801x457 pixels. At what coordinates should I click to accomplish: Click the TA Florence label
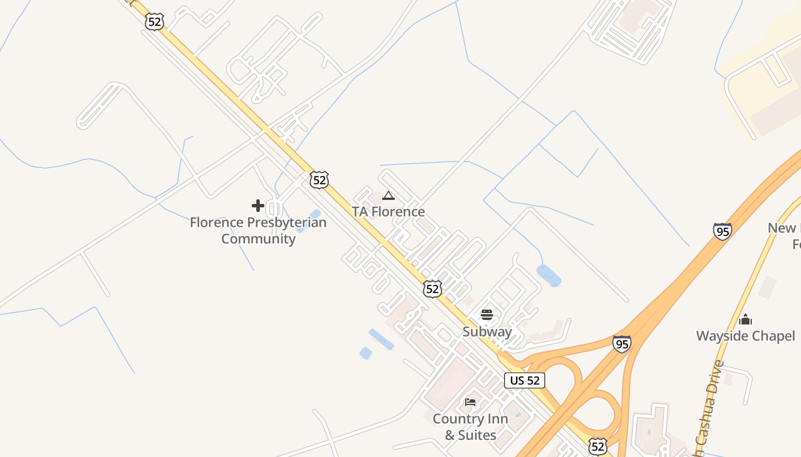coord(388,212)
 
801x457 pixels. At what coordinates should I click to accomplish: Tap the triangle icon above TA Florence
coord(388,196)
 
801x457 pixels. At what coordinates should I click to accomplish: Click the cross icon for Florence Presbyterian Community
coord(257,206)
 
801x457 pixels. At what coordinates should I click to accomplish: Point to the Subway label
coord(487,332)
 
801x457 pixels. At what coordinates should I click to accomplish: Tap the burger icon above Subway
coord(487,315)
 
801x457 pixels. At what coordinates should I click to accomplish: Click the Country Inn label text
coord(470,419)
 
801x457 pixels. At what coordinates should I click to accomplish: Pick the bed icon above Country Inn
coord(470,402)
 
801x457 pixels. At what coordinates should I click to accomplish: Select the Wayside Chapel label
coord(746,336)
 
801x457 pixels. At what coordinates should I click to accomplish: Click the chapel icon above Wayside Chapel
coord(746,319)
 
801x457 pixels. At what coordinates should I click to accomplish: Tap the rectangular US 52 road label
coord(525,380)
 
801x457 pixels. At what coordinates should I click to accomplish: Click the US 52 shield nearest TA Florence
coord(319,180)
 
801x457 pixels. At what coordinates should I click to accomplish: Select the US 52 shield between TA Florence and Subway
coord(433,289)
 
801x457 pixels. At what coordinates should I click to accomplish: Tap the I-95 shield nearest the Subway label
coord(621,344)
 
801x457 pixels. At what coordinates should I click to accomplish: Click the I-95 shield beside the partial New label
coord(722,231)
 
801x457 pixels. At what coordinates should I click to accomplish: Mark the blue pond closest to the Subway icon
coord(549,275)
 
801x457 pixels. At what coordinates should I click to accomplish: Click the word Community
coord(259,239)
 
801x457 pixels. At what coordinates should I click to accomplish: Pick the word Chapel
coord(770,336)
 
